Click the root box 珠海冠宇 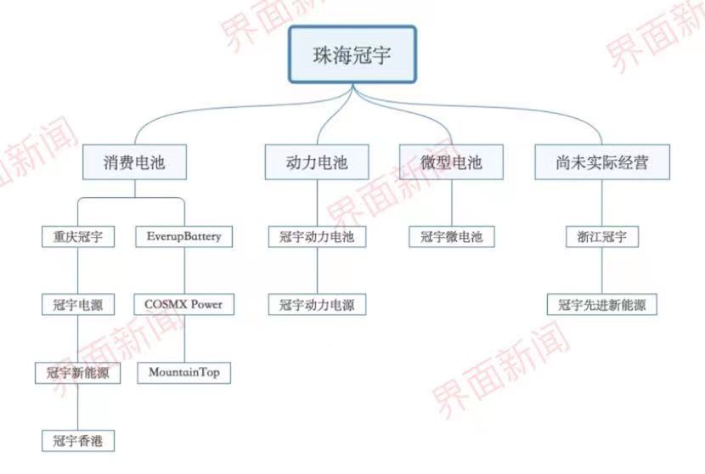(x=352, y=54)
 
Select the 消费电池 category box (x=134, y=162)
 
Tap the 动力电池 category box (x=317, y=162)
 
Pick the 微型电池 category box (x=451, y=162)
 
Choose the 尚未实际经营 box (x=602, y=162)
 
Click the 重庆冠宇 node (x=78, y=236)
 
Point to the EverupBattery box (x=183, y=236)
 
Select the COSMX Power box (x=183, y=304)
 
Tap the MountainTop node (x=183, y=373)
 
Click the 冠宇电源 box (x=78, y=304)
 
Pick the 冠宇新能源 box (x=78, y=373)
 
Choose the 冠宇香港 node (x=78, y=441)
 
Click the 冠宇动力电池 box (x=317, y=236)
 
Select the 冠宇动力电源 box (x=317, y=304)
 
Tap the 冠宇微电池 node (x=451, y=236)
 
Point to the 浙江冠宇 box (x=602, y=236)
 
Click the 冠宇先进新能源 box (x=602, y=304)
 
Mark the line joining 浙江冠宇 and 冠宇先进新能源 (x=602, y=271)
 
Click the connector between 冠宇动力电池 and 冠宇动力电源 (x=317, y=271)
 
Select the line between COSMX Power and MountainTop (x=184, y=339)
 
